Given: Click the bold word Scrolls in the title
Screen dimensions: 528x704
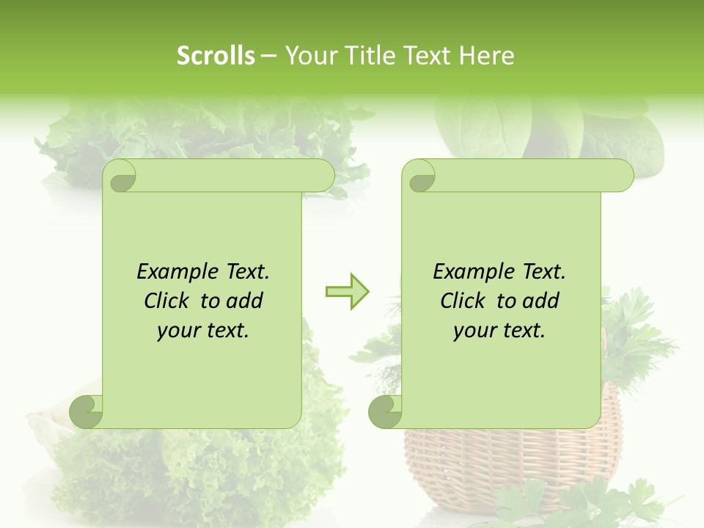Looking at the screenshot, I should click(216, 56).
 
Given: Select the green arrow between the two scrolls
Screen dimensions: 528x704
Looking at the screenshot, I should click(347, 292).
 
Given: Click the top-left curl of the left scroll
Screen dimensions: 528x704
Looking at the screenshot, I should click(120, 177).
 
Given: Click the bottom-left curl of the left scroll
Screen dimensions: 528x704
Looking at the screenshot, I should click(87, 411).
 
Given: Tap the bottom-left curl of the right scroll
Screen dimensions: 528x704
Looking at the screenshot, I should click(386, 411).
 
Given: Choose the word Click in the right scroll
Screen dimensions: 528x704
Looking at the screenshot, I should click(463, 301).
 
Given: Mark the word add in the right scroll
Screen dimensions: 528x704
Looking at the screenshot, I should click(540, 301).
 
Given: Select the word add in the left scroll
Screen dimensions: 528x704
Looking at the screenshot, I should click(243, 301).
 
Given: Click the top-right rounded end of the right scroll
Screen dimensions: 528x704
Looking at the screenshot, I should click(620, 176).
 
